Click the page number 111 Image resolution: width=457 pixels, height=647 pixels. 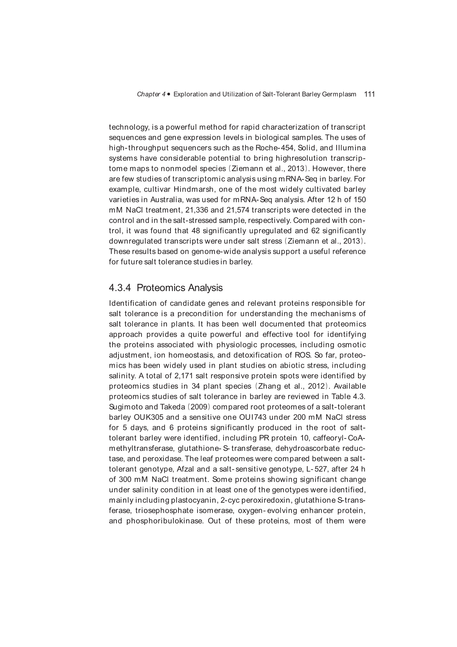click(x=369, y=94)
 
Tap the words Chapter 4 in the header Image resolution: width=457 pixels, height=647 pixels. click(x=151, y=94)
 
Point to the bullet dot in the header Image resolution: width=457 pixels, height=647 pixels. click(x=169, y=94)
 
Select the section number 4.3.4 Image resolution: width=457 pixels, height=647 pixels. click(x=120, y=288)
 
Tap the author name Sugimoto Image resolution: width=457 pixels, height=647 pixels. click(x=123, y=407)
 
